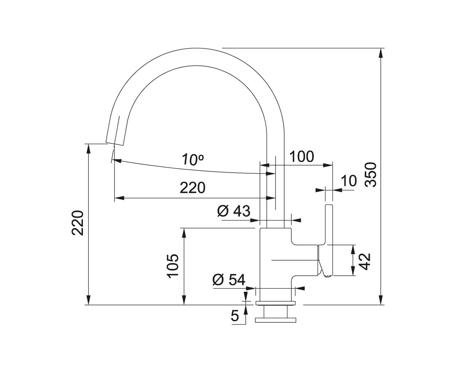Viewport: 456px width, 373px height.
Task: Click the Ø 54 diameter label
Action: (229, 280)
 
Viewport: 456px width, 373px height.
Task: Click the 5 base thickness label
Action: (235, 316)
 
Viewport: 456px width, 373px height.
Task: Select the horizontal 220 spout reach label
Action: (192, 188)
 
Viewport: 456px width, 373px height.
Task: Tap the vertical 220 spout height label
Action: (77, 223)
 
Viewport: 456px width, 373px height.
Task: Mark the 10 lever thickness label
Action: (349, 181)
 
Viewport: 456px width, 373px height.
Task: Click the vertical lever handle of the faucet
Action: (329, 240)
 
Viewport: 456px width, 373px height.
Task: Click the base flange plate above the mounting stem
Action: (275, 303)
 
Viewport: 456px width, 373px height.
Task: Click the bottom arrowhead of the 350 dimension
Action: (381, 300)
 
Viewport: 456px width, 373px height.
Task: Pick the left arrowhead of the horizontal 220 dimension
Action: (119, 198)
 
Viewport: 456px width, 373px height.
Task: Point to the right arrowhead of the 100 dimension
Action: (328, 165)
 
